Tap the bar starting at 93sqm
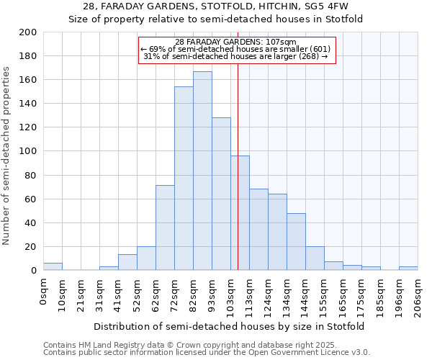[x=221, y=194]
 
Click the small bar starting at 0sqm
[x=53, y=267]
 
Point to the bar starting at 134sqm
[x=296, y=242]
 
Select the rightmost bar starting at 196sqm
[x=408, y=269]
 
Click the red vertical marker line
[x=238, y=180]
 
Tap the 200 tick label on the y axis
[x=28, y=32]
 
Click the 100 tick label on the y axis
[x=28, y=151]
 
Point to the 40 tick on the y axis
[x=31, y=222]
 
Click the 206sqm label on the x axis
[x=418, y=294]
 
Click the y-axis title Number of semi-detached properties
[x=7, y=156]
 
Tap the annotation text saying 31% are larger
[x=236, y=56]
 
